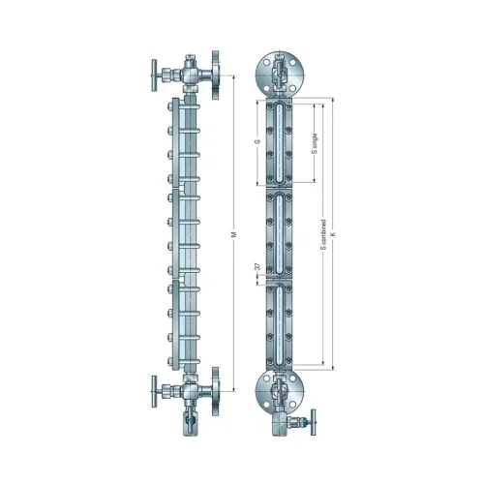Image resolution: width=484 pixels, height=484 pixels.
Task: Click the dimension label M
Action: point(234,234)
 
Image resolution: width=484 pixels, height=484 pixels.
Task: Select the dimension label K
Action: point(334,233)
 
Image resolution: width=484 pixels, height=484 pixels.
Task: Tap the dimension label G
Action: point(257,141)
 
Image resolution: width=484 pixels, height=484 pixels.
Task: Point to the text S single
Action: point(316,143)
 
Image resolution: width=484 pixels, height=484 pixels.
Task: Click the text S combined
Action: point(323,234)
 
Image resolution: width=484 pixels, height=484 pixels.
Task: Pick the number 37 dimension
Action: point(257,266)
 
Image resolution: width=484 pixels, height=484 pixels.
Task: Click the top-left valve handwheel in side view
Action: point(154,76)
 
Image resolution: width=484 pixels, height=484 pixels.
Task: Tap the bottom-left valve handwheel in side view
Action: point(154,391)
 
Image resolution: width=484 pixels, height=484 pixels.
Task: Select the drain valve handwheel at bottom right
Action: point(313,422)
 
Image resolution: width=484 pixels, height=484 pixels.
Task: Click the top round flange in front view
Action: point(280,76)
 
